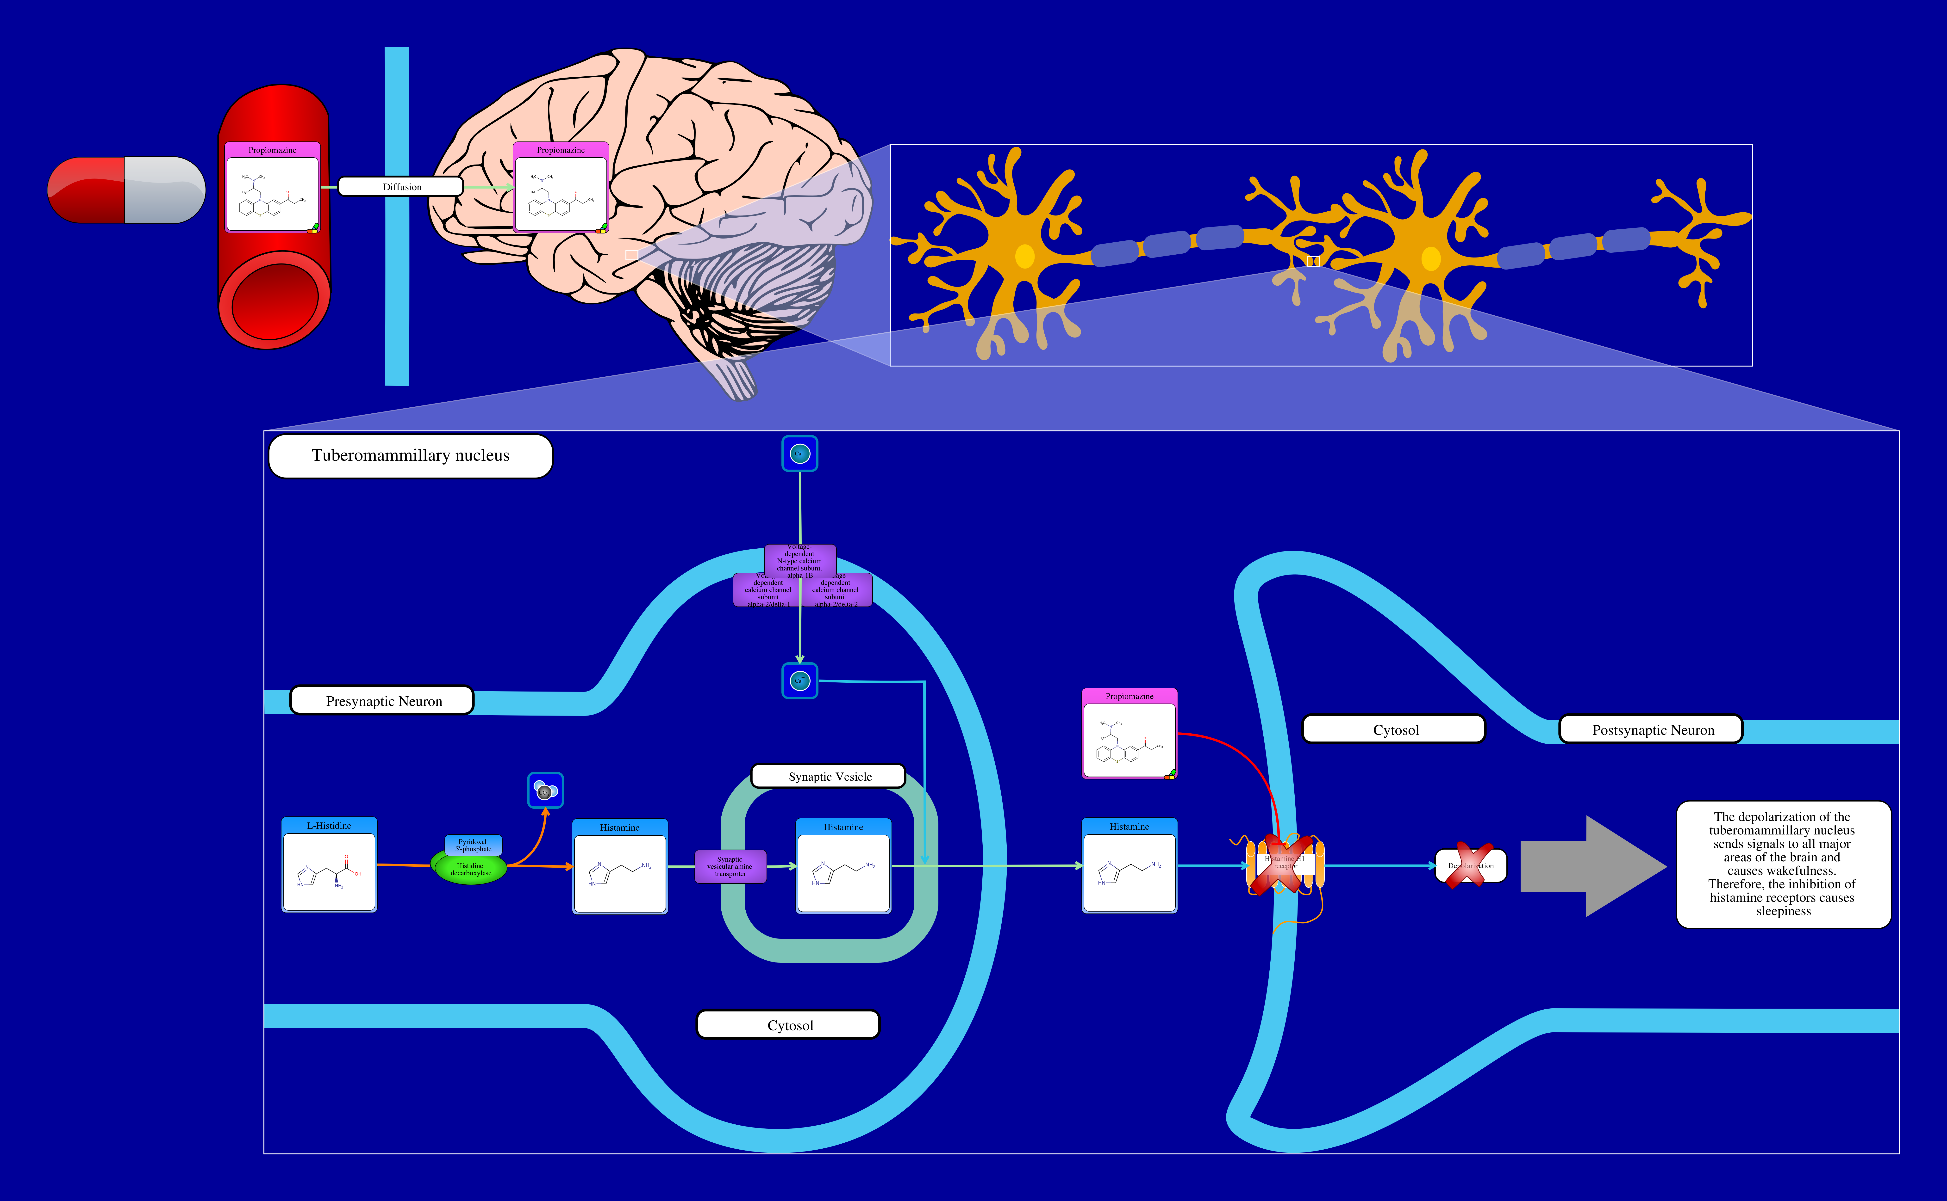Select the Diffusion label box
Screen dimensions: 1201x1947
pos(401,187)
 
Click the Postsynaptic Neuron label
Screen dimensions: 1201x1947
pos(1651,729)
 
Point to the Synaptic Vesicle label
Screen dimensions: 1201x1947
pos(829,776)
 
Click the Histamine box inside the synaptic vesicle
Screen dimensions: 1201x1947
pos(843,866)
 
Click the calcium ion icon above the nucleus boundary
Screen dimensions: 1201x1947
pos(799,453)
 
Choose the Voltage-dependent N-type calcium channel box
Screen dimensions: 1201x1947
pos(799,560)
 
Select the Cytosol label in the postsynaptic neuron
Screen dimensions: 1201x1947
pos(1395,729)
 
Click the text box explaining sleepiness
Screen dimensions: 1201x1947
pos(1783,864)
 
